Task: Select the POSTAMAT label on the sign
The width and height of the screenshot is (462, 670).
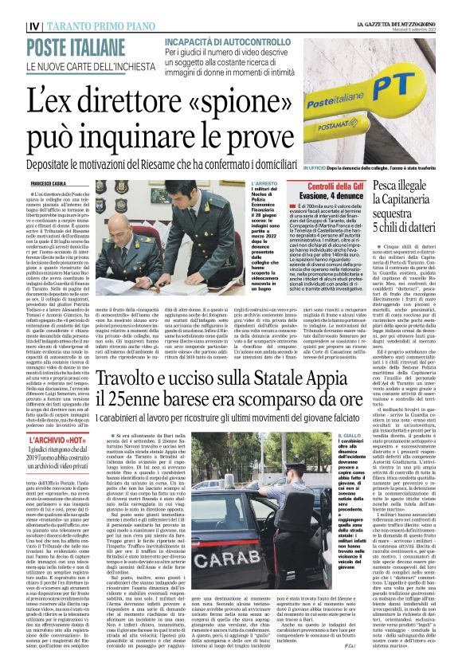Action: [x=375, y=83]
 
